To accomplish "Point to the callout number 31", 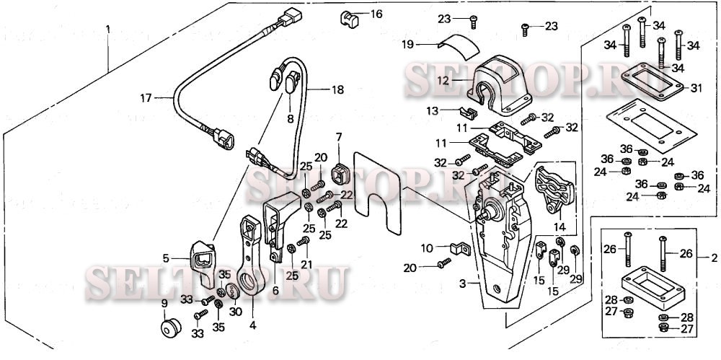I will (x=695, y=88).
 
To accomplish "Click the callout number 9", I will (x=164, y=303).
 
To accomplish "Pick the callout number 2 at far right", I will (x=714, y=258).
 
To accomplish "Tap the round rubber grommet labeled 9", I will (x=170, y=329).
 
